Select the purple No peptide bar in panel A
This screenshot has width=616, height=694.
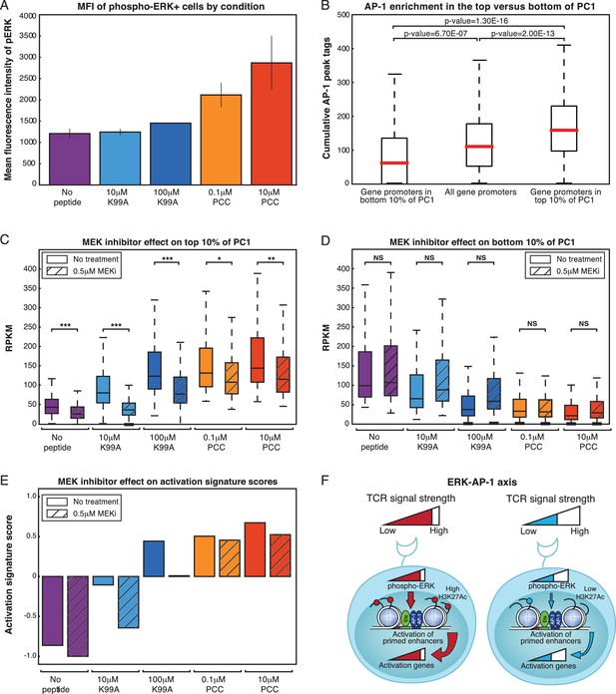click(70, 159)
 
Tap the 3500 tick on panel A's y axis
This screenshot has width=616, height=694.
click(28, 36)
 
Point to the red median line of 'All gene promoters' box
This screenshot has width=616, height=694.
click(479, 146)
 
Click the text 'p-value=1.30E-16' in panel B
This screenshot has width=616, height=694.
click(476, 21)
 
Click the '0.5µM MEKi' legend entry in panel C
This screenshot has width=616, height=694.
click(82, 271)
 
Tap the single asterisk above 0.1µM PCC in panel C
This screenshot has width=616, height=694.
click(220, 258)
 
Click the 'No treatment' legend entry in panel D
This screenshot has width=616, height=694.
click(564, 259)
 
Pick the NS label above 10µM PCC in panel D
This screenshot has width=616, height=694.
click(584, 323)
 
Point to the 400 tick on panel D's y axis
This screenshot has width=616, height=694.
click(343, 269)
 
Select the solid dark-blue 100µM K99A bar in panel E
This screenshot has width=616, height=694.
click(154, 558)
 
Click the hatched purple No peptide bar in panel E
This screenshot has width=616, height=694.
click(78, 616)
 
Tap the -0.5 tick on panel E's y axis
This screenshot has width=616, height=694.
click(29, 616)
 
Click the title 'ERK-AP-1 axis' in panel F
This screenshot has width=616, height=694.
click(482, 482)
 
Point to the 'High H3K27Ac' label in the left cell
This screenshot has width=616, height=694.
click(454, 593)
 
